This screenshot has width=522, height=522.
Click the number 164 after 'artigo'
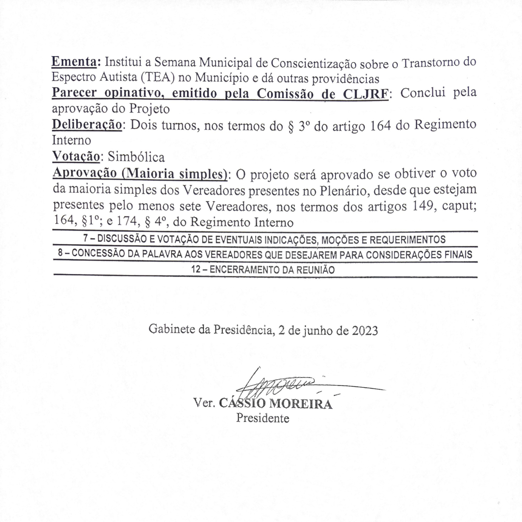coord(380,125)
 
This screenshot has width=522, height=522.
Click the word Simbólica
coord(137,157)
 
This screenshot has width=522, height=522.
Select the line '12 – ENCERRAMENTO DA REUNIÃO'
coord(263,270)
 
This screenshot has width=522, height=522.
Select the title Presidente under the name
coord(262,418)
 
